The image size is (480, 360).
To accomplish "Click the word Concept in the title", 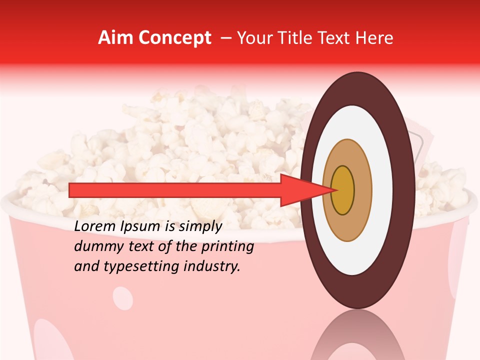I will pos(174,38).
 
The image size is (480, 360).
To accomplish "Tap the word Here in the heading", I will pos(375,38).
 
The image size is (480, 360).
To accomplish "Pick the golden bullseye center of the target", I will pos(342,190).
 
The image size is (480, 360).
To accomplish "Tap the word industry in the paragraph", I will pos(212,267).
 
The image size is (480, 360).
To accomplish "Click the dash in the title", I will pos(225,38).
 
